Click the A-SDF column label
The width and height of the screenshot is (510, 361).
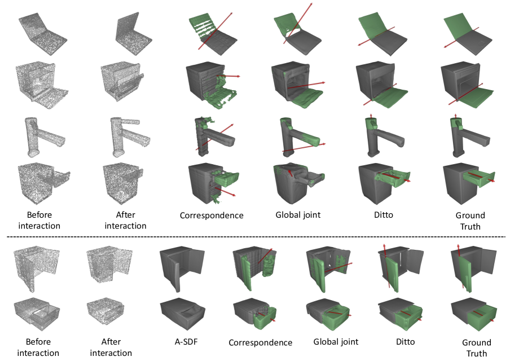tap(186, 341)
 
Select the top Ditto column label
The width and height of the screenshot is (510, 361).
tap(384, 215)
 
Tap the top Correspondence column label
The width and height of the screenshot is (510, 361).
tap(212, 215)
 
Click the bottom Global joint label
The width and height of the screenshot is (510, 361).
tap(336, 342)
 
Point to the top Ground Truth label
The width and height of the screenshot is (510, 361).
tap(471, 221)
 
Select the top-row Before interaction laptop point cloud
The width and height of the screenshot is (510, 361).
tap(43, 32)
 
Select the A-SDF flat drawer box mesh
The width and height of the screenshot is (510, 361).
tap(182, 312)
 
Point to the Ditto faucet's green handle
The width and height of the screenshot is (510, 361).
tap(371, 124)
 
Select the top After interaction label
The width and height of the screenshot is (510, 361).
tap(126, 220)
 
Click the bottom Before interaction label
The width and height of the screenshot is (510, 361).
tap(38, 347)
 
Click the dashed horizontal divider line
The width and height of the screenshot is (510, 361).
tap(256, 237)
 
